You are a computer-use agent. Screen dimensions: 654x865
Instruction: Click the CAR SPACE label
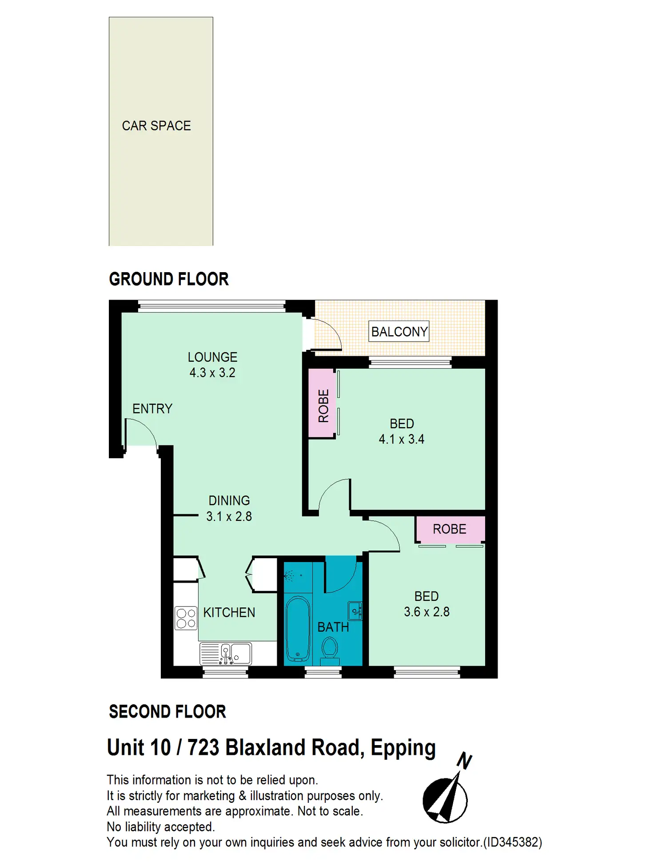point(156,126)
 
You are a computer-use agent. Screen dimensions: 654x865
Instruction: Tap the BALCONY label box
point(399,331)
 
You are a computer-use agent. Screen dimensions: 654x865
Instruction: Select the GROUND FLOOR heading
point(169,279)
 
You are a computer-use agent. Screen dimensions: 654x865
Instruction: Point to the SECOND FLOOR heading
point(167,711)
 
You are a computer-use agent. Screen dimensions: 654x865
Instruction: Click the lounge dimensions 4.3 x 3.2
point(212,373)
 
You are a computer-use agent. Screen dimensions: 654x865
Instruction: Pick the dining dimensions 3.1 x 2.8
point(229,516)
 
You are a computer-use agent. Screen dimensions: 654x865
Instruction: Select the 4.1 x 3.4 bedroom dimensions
point(402,439)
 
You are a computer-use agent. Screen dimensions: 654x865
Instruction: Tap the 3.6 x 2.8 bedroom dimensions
point(427,612)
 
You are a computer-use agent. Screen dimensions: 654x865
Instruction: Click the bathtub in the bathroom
point(298,628)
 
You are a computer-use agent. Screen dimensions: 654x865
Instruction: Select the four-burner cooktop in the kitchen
point(186,618)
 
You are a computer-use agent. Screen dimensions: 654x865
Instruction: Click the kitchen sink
point(226,654)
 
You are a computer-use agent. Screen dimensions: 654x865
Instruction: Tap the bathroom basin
point(355,611)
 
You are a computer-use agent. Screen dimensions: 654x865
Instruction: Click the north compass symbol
point(446,795)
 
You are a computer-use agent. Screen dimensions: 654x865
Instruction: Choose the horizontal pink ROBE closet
point(450,529)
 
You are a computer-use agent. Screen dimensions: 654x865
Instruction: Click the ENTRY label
point(152,409)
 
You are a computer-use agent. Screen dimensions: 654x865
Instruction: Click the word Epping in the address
point(403,748)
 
